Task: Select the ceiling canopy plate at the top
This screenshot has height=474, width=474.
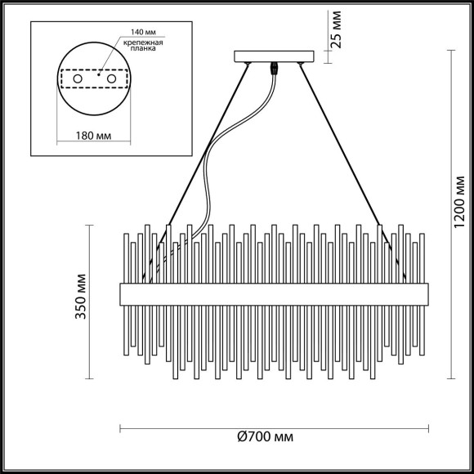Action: click(x=274, y=57)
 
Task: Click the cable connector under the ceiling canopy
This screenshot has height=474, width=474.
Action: click(x=274, y=70)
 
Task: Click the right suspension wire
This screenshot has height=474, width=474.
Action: click(x=343, y=147)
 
